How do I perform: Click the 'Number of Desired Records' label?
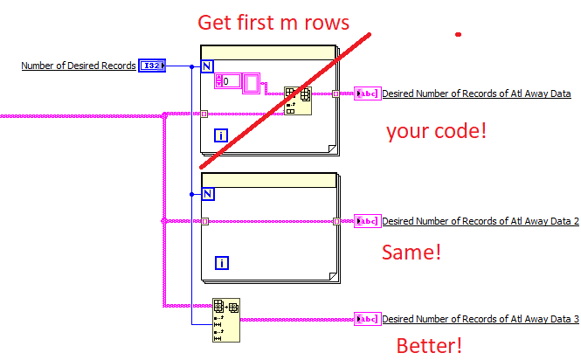[78, 66]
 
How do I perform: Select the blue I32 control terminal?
[151, 66]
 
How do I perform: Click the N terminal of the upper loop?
[207, 66]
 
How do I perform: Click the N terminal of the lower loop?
[207, 195]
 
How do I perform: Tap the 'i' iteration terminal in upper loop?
[222, 135]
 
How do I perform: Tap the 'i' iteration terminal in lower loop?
[222, 263]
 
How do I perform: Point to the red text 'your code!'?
[436, 132]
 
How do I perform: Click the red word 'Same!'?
[412, 253]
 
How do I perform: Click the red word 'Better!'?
[429, 345]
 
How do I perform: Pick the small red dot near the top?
[458, 35]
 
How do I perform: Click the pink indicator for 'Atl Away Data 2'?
[367, 221]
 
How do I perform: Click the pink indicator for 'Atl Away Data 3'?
[367, 320]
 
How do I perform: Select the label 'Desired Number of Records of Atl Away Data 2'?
[480, 221]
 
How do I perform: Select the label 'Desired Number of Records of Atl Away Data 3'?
[480, 320]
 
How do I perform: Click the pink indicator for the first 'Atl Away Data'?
[367, 93]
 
